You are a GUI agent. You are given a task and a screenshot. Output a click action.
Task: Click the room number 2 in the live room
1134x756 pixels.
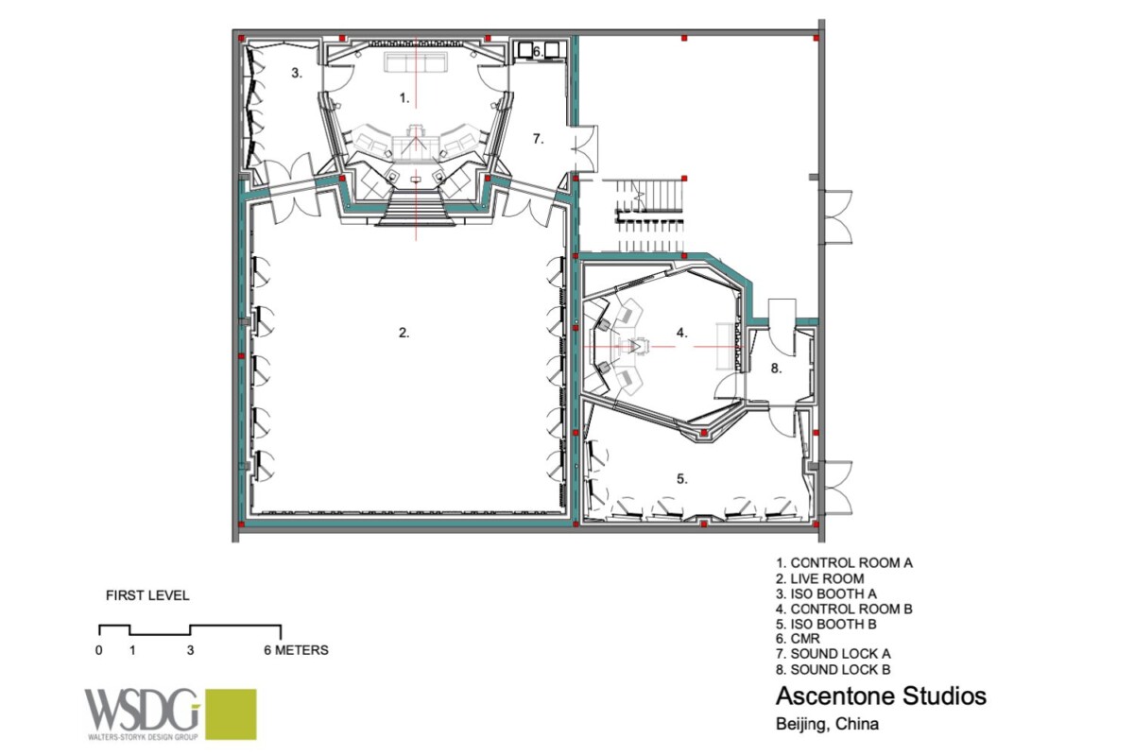404,333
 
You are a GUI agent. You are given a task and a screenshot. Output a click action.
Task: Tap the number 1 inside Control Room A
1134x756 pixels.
404,97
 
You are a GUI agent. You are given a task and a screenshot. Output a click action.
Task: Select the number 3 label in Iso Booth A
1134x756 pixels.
296,73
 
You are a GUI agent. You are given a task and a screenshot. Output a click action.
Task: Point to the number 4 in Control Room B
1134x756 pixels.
681,333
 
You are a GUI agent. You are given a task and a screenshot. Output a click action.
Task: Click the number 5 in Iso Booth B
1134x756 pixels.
681,479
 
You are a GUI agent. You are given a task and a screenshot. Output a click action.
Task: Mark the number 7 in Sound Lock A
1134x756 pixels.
538,139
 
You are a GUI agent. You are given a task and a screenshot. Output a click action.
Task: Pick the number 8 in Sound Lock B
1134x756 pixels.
776,369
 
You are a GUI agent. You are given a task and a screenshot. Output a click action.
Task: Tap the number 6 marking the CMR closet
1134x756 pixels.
537,52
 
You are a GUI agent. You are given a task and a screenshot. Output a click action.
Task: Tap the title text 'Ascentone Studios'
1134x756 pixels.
881,696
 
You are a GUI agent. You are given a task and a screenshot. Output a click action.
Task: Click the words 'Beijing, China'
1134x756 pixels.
827,726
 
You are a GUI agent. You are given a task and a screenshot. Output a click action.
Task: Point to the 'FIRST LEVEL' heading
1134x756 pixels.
146,596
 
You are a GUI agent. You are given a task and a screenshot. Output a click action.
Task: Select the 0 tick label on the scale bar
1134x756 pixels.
99,650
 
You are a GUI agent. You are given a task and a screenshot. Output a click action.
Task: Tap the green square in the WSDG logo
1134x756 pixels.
231,714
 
